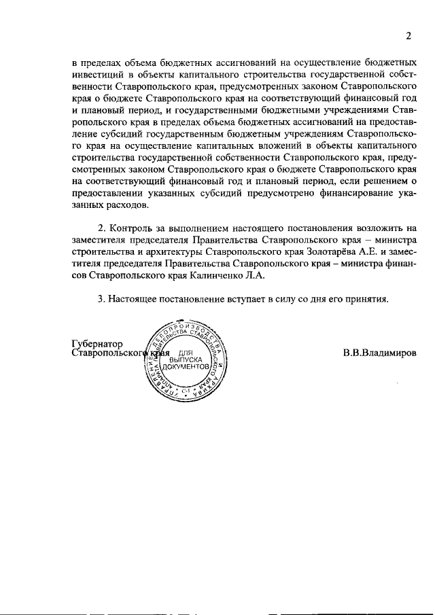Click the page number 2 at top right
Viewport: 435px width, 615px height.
coord(409,36)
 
